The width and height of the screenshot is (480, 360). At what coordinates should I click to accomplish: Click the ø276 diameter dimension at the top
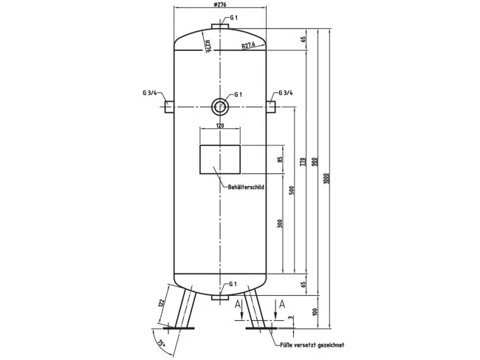[x=219, y=7]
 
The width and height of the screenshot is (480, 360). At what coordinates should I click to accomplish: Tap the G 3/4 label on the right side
[x=285, y=94]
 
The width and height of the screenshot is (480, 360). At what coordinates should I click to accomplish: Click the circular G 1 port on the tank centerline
[x=219, y=107]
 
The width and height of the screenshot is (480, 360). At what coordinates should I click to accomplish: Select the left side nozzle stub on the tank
[x=169, y=107]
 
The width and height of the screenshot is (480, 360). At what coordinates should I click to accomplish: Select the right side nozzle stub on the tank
[x=271, y=107]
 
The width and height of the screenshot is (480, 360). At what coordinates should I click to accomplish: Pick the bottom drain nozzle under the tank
[x=219, y=297]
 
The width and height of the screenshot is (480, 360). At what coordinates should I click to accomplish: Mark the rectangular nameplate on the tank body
[x=219, y=160]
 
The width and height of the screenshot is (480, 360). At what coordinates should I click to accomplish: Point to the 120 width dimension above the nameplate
[x=219, y=126]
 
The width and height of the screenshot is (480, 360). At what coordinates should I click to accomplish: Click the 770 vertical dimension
[x=302, y=162]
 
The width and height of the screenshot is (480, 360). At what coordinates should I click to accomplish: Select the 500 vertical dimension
[x=291, y=190]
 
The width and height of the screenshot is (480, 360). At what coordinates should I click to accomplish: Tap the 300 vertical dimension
[x=280, y=224]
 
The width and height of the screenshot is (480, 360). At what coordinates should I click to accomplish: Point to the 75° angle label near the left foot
[x=162, y=342]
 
